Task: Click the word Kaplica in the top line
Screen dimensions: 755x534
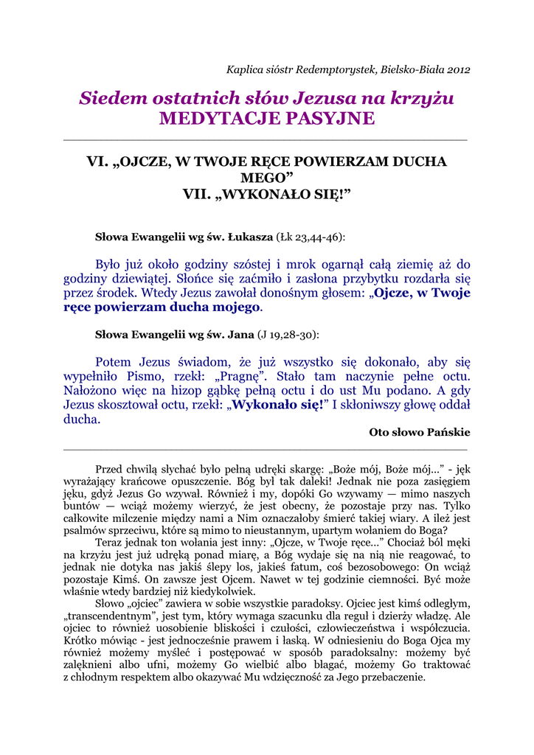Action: pyautogui.click(x=244, y=70)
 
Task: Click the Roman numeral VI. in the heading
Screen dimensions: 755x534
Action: pyautogui.click(x=97, y=161)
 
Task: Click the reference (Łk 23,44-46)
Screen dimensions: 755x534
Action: pyautogui.click(x=311, y=237)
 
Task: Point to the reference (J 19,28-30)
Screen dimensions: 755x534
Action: pyautogui.click(x=287, y=334)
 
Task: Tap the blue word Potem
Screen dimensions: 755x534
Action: pyautogui.click(x=113, y=362)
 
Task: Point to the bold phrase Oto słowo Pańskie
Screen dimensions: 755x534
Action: pyautogui.click(x=419, y=433)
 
